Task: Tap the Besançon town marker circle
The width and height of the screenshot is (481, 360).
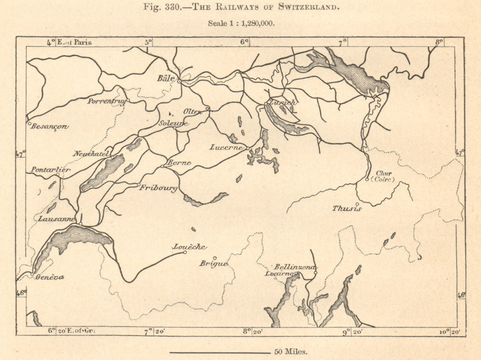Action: pyautogui.click(x=29, y=124)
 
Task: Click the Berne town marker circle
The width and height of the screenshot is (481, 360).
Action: pyautogui.click(x=163, y=167)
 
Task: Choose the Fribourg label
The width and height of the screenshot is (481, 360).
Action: pyautogui.click(x=159, y=188)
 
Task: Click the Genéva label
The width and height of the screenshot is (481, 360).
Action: pyautogui.click(x=50, y=277)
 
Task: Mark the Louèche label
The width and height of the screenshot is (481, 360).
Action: pyautogui.click(x=190, y=247)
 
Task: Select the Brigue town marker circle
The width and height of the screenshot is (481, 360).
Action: pyautogui.click(x=215, y=258)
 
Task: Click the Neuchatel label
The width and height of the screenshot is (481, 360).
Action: pyautogui.click(x=92, y=154)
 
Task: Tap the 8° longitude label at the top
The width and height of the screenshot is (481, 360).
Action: pyautogui.click(x=439, y=42)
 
